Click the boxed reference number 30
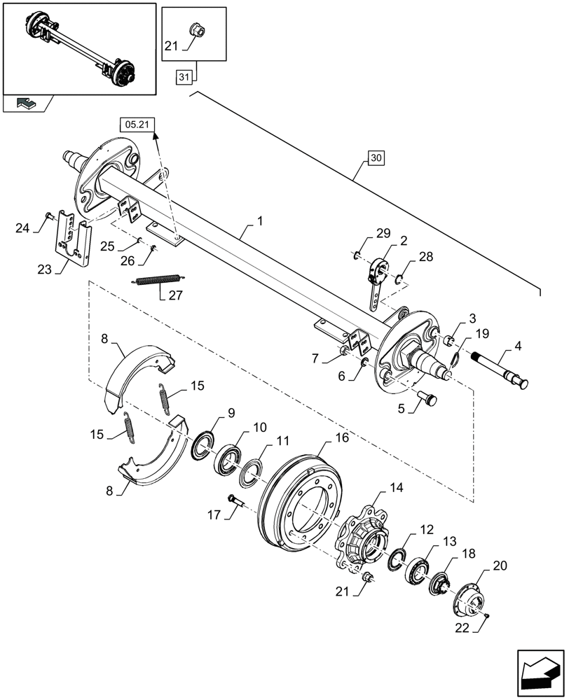pos(376,159)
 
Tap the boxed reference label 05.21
pos(138,125)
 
